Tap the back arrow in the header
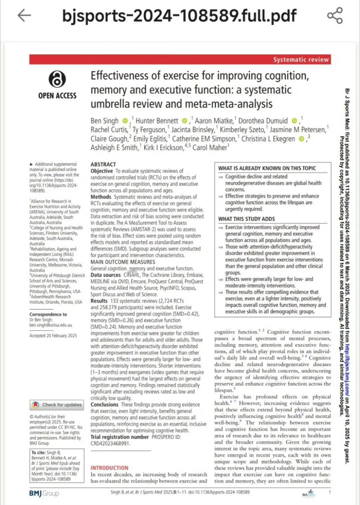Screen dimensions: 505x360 pyautogui.click(x=24, y=15)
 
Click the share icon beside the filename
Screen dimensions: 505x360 pyautogui.click(x=335, y=15)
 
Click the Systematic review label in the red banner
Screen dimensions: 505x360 pyautogui.click(x=301, y=60)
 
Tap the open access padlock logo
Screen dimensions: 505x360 pyautogui.click(x=57, y=79)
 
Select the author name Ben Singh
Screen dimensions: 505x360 pyautogui.click(x=104, y=121)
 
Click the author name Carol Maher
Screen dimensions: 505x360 pyautogui.click(x=210, y=148)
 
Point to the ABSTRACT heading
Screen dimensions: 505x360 pyautogui.click(x=103, y=164)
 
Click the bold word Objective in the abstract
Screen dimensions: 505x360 pyautogui.click(x=102, y=171)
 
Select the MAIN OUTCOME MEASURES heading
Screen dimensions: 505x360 pyautogui.click(x=123, y=262)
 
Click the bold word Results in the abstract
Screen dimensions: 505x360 pyautogui.click(x=99, y=301)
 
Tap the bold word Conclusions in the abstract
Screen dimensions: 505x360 pyautogui.click(x=104, y=404)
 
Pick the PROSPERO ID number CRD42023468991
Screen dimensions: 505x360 pyautogui.click(x=110, y=443)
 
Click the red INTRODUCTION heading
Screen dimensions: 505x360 pyautogui.click(x=109, y=468)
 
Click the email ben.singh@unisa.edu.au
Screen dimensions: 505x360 pyautogui.click(x=51, y=325)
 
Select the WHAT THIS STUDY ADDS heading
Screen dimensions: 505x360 pyautogui.click(x=246, y=219)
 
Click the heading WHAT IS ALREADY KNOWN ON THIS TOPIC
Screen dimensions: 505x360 pyautogui.click(x=267, y=168)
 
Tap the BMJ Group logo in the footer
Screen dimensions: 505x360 pyautogui.click(x=44, y=493)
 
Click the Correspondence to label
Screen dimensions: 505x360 pyautogui.click(x=48, y=314)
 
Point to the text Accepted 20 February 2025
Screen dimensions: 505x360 pyautogui.click(x=53, y=335)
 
